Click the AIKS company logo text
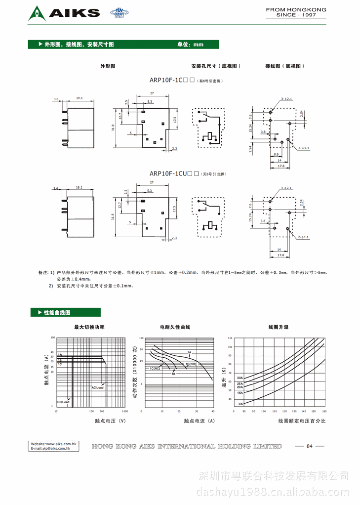point(74,13)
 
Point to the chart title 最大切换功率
point(89,327)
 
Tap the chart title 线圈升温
point(279,327)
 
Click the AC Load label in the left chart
point(97,388)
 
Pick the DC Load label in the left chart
point(63,402)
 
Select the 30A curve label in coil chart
point(240,378)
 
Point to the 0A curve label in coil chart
point(240,404)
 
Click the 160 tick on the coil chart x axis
point(324,411)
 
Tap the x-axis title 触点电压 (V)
point(110,421)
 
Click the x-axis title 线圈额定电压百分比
point(302,421)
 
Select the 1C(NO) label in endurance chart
point(191,364)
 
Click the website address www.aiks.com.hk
point(54,444)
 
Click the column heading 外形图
point(108,66)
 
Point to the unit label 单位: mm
point(190,44)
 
